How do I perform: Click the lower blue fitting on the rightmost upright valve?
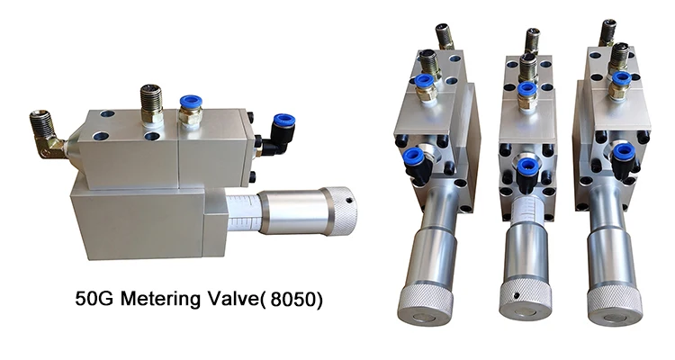623,152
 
